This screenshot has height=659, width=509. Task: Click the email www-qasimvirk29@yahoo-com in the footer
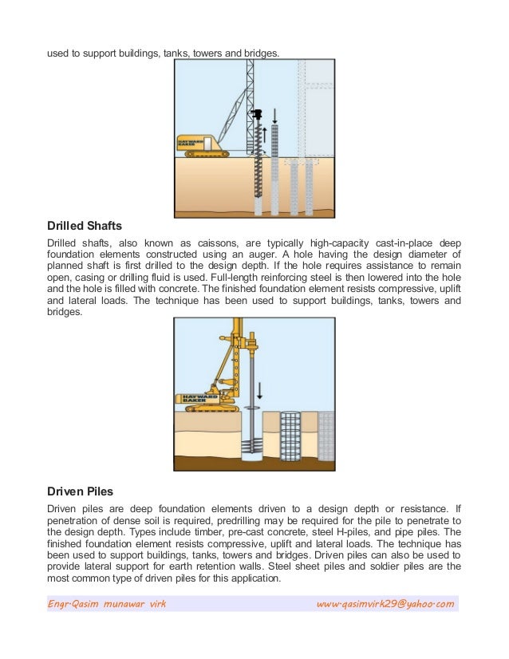(385, 604)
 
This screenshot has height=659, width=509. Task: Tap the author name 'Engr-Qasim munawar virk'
(107, 604)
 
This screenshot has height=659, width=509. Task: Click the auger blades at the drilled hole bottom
(254, 447)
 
